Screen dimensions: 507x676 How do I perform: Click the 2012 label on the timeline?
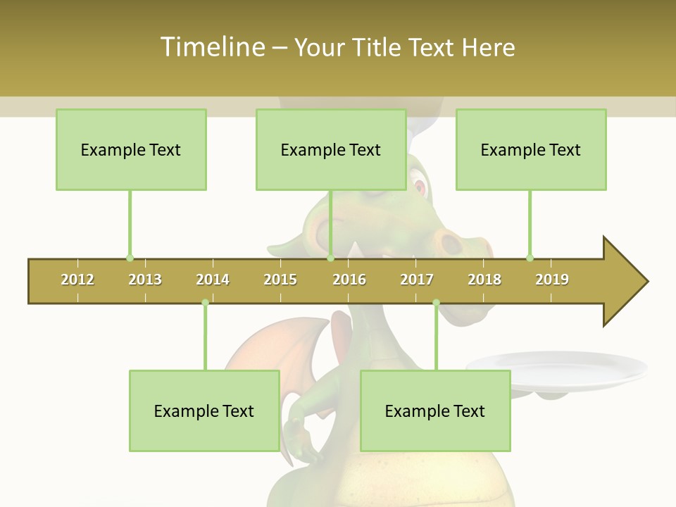point(77,280)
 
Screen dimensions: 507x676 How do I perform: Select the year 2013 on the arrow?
point(145,280)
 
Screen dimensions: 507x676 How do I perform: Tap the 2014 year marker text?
point(213,280)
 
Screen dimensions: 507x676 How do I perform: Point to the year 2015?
point(280,280)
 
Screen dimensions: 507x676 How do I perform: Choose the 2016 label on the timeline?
point(349,280)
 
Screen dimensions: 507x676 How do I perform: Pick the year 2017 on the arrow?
point(417,280)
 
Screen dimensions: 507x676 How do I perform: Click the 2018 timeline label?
point(484,280)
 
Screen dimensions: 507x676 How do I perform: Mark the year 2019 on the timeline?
point(552,280)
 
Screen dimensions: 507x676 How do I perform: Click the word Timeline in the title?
point(211,47)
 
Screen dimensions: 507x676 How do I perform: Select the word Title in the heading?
point(378,47)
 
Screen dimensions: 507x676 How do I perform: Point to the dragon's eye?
point(420,187)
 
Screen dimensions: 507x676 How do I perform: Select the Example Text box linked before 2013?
point(131,149)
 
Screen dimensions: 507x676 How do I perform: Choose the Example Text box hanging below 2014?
point(204,411)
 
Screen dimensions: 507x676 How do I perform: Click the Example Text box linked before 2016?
point(331,149)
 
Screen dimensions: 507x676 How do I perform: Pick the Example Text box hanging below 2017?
point(435,411)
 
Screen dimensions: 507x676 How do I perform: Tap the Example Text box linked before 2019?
point(531,149)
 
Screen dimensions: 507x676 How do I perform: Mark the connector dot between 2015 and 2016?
point(330,258)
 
